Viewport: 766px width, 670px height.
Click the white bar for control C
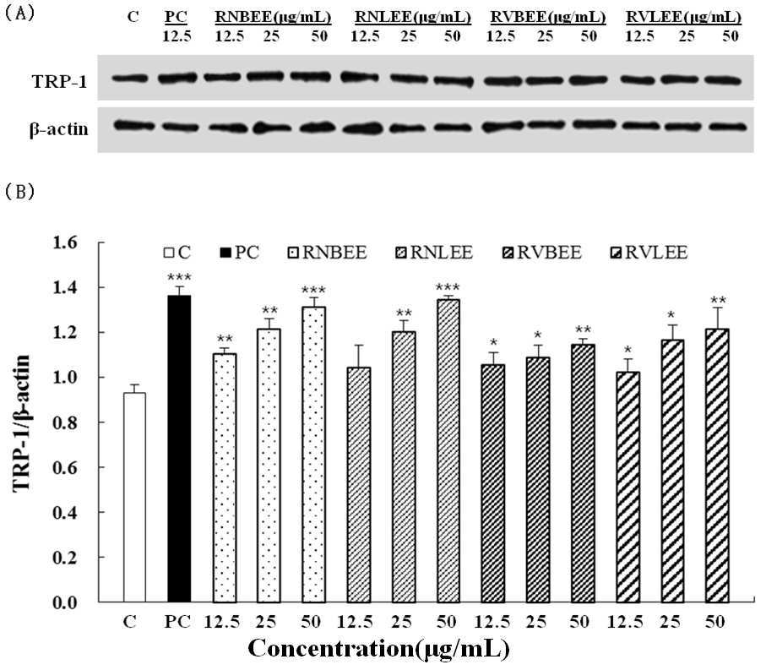(134, 497)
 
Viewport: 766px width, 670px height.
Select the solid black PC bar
(179, 449)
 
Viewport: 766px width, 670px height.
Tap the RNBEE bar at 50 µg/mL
(313, 455)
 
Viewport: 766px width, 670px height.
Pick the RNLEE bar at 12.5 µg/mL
(359, 485)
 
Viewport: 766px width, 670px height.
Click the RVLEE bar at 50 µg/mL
(717, 466)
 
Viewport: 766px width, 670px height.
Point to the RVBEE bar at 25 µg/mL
(538, 479)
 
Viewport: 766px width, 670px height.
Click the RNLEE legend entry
(434, 253)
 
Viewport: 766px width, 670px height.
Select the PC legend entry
(239, 253)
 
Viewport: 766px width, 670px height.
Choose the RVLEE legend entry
(649, 253)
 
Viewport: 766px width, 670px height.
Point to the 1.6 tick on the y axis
(66, 242)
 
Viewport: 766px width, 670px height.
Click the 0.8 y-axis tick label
(66, 422)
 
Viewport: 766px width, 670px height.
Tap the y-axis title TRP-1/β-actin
(21, 423)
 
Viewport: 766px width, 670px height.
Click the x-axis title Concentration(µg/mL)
(378, 649)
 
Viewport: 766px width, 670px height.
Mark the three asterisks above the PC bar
(179, 278)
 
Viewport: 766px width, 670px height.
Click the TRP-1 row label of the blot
(60, 81)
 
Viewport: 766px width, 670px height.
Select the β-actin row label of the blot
(59, 129)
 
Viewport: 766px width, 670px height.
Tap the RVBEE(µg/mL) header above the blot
(548, 18)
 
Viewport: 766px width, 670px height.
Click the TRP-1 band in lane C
(129, 79)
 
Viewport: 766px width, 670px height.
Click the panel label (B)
(19, 192)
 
